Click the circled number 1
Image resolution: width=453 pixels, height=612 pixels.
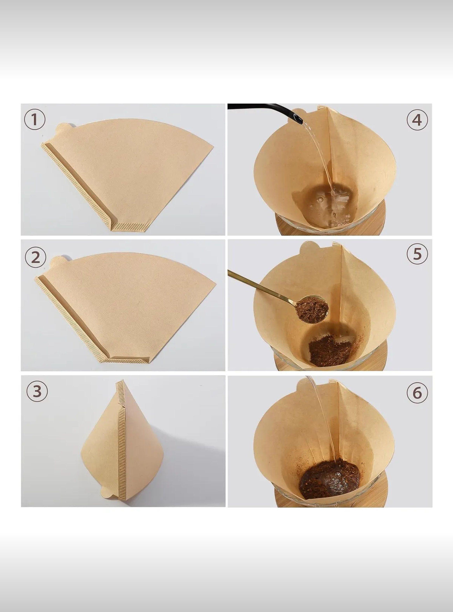(x=35, y=120)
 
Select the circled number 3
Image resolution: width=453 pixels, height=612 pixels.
(x=37, y=392)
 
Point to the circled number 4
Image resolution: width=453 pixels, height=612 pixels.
(x=417, y=120)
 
